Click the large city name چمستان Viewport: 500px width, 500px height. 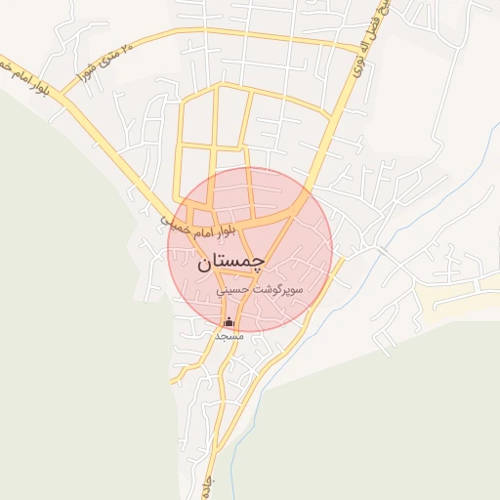pyautogui.click(x=230, y=263)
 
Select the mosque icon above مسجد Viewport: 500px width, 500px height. pyautogui.click(x=229, y=321)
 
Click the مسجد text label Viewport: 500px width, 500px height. pyautogui.click(x=229, y=335)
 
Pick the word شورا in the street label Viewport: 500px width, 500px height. pyautogui.click(x=83, y=70)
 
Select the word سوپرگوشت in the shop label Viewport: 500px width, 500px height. pyautogui.click(x=277, y=291)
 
